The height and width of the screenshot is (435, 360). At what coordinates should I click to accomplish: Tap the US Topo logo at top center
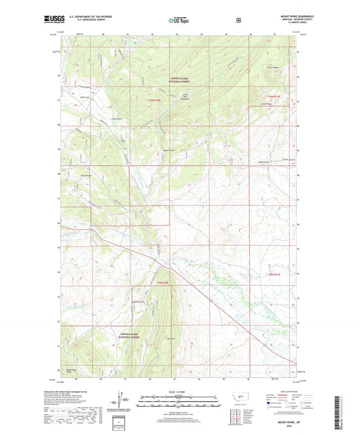tap(180, 20)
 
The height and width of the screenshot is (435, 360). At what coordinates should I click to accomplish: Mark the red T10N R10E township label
tap(155, 100)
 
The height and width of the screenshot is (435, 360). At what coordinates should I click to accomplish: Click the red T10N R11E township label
tap(273, 97)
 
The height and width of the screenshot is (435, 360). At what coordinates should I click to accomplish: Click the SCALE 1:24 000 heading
tap(180, 393)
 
